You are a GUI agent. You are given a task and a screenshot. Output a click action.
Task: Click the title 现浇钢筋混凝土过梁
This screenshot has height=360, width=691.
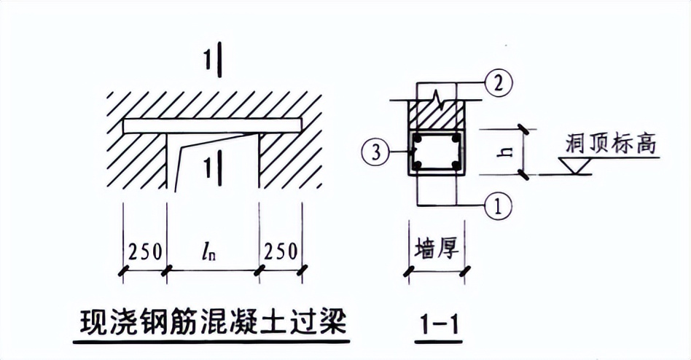(212, 321)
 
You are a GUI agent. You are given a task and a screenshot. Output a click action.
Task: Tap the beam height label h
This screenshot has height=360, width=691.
(509, 152)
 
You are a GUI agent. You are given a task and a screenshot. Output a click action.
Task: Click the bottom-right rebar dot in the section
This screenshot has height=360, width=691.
(456, 166)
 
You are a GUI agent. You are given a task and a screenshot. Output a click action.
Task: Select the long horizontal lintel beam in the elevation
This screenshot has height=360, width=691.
(212, 126)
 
